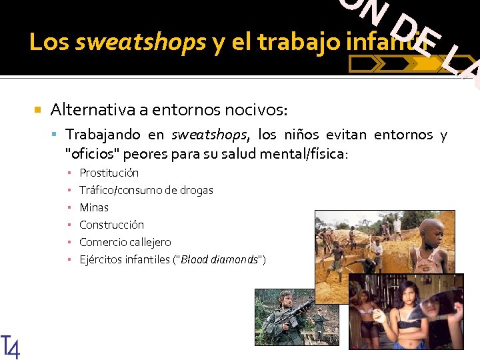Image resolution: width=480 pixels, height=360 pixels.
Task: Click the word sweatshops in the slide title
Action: (141, 43)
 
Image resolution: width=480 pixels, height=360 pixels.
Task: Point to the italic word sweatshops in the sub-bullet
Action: (209, 135)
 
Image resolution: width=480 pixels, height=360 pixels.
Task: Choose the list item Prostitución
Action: (109, 173)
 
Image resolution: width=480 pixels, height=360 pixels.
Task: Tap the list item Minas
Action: (94, 207)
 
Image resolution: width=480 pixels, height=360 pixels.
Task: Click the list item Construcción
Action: (111, 225)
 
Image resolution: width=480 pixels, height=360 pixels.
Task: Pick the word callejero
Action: (150, 242)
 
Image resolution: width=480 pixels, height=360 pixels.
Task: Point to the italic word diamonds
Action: (240, 259)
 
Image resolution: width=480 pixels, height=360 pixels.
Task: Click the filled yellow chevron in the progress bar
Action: (424, 64)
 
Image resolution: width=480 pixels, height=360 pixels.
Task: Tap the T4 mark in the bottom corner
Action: (11, 347)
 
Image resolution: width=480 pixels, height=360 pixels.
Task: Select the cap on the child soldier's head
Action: (286, 295)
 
